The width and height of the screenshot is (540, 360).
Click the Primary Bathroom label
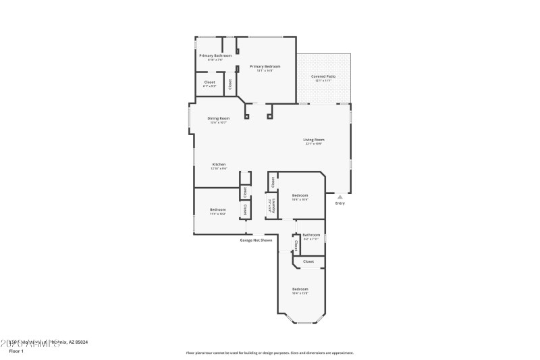click(x=215, y=55)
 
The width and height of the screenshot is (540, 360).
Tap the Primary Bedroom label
click(x=265, y=66)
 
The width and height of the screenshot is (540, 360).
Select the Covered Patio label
click(x=323, y=76)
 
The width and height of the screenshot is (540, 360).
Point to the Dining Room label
click(x=218, y=118)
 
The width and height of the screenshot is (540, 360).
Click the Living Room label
click(x=315, y=140)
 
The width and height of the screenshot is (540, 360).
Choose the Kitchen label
click(x=219, y=164)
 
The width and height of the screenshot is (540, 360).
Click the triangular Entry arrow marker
click(x=340, y=197)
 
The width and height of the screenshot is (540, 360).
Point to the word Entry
click(x=340, y=203)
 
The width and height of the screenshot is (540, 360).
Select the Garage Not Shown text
click(x=256, y=240)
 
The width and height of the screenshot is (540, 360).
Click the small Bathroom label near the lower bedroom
click(x=311, y=235)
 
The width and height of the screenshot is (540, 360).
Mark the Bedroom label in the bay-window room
click(x=300, y=289)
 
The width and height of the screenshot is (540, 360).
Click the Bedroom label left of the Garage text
click(x=217, y=209)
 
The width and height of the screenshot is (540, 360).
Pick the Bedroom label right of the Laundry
click(x=300, y=195)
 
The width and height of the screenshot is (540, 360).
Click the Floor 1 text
click(x=16, y=351)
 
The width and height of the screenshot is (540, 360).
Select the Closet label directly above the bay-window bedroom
click(x=308, y=261)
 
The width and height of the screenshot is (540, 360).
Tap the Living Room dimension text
click(x=315, y=144)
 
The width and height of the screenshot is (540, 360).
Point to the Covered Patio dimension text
click(x=323, y=80)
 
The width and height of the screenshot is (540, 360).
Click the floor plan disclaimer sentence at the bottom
click(x=269, y=353)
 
